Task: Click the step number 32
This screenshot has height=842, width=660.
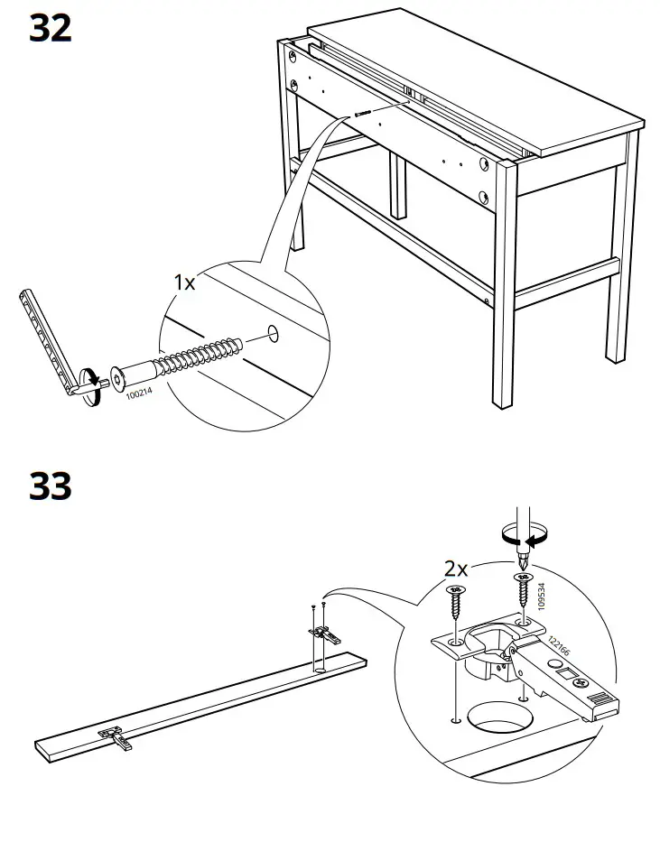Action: [x=51, y=29]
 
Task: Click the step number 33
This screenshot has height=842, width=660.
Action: [x=51, y=486]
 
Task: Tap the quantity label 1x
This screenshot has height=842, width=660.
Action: [x=184, y=282]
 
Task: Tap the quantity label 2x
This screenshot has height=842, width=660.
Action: [x=456, y=569]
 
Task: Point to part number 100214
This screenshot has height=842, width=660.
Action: [x=139, y=393]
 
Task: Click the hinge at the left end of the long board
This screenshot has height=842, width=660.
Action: [x=114, y=736]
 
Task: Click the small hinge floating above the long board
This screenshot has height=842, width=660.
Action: [x=323, y=634]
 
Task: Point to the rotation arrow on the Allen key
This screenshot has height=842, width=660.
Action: [x=91, y=378]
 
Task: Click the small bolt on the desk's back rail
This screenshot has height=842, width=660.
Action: [x=363, y=114]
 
